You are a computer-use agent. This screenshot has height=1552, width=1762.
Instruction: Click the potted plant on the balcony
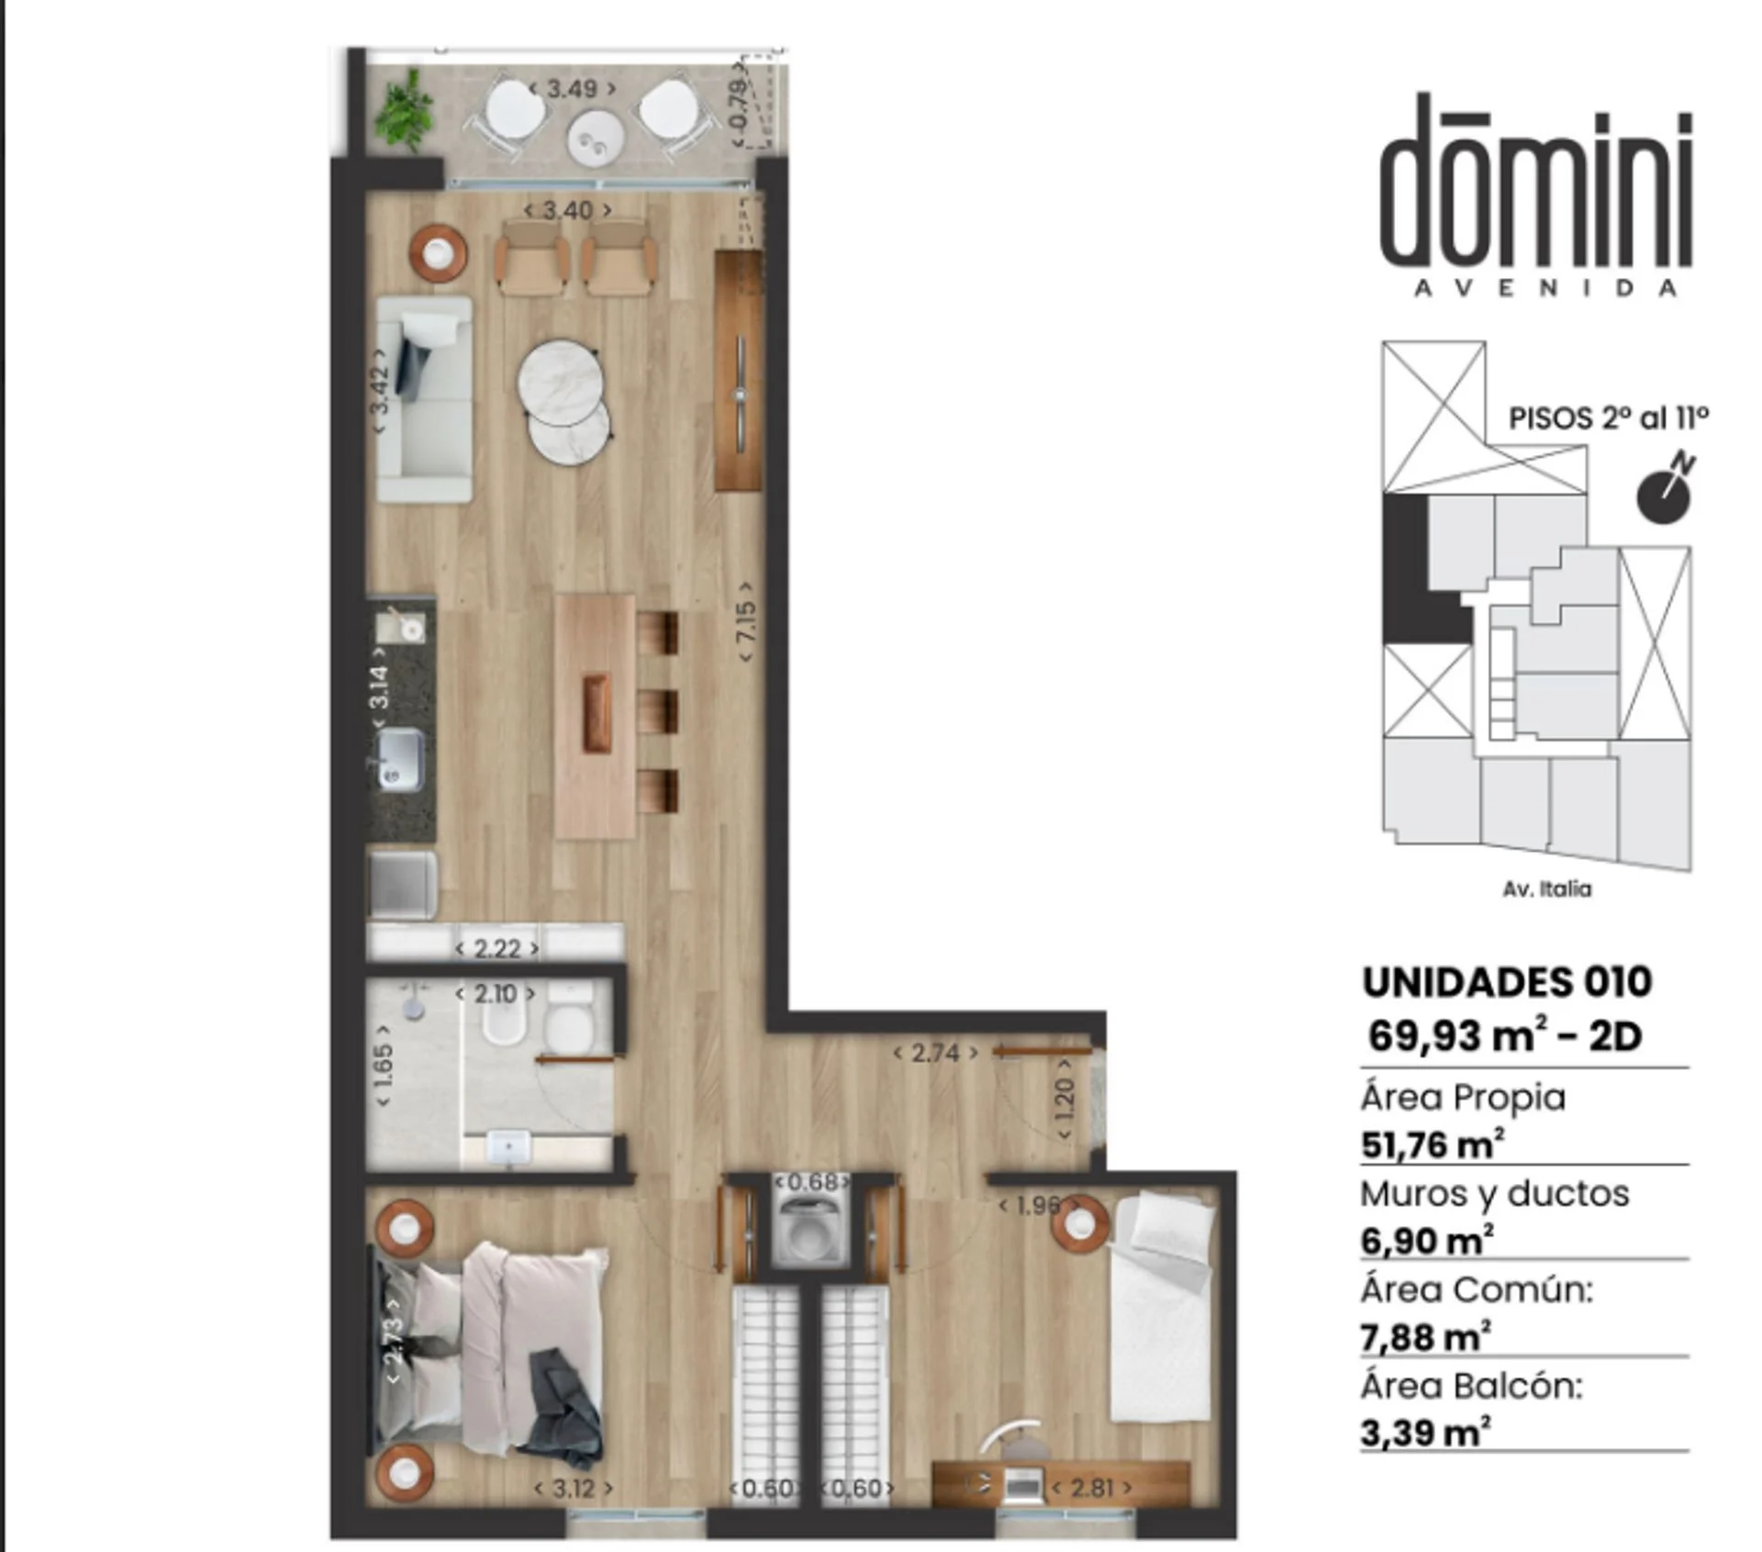405,112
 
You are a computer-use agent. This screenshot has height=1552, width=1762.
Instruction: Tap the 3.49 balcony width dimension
572,89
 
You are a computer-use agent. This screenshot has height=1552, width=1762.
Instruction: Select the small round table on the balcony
597,140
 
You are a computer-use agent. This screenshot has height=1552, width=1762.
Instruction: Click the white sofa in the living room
425,399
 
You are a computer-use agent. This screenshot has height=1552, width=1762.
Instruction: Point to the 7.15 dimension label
746,621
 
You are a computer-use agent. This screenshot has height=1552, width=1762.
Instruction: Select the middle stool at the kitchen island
658,711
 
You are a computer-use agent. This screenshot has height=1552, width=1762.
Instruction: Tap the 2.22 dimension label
496,947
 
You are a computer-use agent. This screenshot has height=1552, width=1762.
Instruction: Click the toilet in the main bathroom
569,1019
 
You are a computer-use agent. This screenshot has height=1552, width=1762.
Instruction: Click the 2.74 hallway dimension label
935,1053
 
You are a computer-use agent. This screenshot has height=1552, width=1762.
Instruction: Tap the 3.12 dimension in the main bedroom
574,1488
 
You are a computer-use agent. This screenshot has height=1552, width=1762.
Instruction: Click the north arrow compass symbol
1666,491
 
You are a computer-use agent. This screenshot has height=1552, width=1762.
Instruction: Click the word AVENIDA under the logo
1546,288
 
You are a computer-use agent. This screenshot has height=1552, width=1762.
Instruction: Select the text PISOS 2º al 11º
1609,419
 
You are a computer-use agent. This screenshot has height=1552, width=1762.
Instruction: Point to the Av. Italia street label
1546,888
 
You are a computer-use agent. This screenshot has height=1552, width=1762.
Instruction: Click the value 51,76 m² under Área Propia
1432,1144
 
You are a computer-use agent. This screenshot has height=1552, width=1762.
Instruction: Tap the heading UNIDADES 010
1507,982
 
